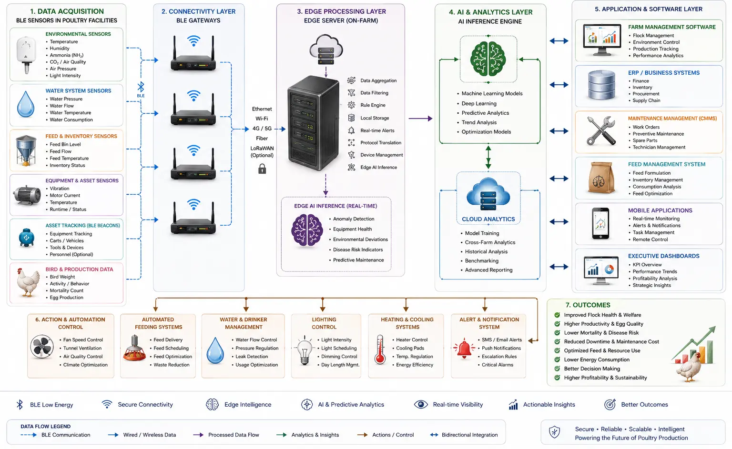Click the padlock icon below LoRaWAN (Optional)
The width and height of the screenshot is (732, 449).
coord(262,169)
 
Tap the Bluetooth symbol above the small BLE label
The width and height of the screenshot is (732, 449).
coord(141,87)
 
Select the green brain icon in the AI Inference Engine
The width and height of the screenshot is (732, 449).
coord(488,59)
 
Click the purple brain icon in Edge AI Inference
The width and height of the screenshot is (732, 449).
coord(307,230)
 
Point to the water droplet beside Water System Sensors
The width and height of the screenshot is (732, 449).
coord(25,104)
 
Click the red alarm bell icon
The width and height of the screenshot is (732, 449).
coord(464,349)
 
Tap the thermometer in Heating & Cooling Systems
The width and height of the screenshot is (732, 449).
coord(380,349)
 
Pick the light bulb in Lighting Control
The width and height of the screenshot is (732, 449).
coord(304,350)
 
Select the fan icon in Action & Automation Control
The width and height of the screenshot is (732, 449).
coord(42,347)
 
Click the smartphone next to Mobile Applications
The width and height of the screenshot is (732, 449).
coord(600,223)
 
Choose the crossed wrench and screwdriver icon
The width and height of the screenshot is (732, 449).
coord(601,130)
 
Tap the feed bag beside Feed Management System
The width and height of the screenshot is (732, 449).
coord(601,178)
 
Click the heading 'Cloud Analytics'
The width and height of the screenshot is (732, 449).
coord(488,219)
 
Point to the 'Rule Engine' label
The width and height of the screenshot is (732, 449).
coord(373,105)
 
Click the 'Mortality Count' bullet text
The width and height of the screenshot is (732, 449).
coord(67,290)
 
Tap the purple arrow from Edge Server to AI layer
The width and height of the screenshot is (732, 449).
coord(421,119)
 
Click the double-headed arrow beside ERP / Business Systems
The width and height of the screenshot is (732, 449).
coord(559,85)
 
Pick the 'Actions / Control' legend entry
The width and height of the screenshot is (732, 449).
coord(393,435)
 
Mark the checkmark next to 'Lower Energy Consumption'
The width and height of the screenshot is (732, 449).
coord(557,359)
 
